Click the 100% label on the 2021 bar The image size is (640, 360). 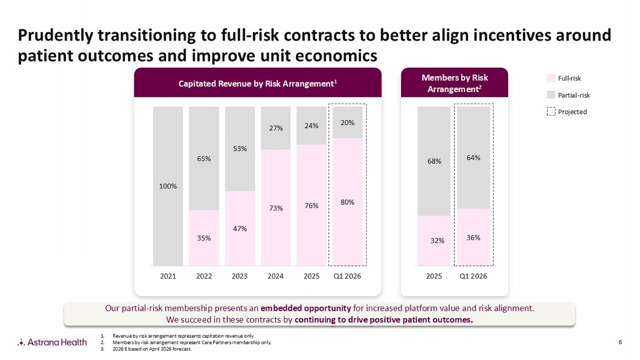[x=168, y=186]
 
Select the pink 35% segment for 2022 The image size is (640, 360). [x=204, y=238]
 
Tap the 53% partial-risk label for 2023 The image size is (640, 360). [x=240, y=149]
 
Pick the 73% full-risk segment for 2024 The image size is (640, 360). [x=276, y=208]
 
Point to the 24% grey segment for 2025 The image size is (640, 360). [x=311, y=126]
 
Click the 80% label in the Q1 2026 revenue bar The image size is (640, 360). [x=347, y=202]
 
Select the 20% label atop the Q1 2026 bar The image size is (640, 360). [x=347, y=123]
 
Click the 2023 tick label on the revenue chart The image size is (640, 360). [x=239, y=276]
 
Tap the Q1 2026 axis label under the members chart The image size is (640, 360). [x=473, y=276]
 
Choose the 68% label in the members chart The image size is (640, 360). [x=434, y=161]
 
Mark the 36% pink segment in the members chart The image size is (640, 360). [x=474, y=237]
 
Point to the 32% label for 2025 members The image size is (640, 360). [x=437, y=241]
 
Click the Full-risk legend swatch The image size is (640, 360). [x=551, y=78]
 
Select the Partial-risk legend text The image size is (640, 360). [x=574, y=95]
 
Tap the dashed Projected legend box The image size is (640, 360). [x=551, y=112]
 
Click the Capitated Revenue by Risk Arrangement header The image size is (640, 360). [x=258, y=84]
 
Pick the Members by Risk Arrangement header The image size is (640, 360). [x=454, y=83]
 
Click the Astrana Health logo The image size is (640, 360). [x=52, y=342]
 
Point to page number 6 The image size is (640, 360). [x=620, y=342]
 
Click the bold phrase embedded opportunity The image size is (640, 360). [x=305, y=308]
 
